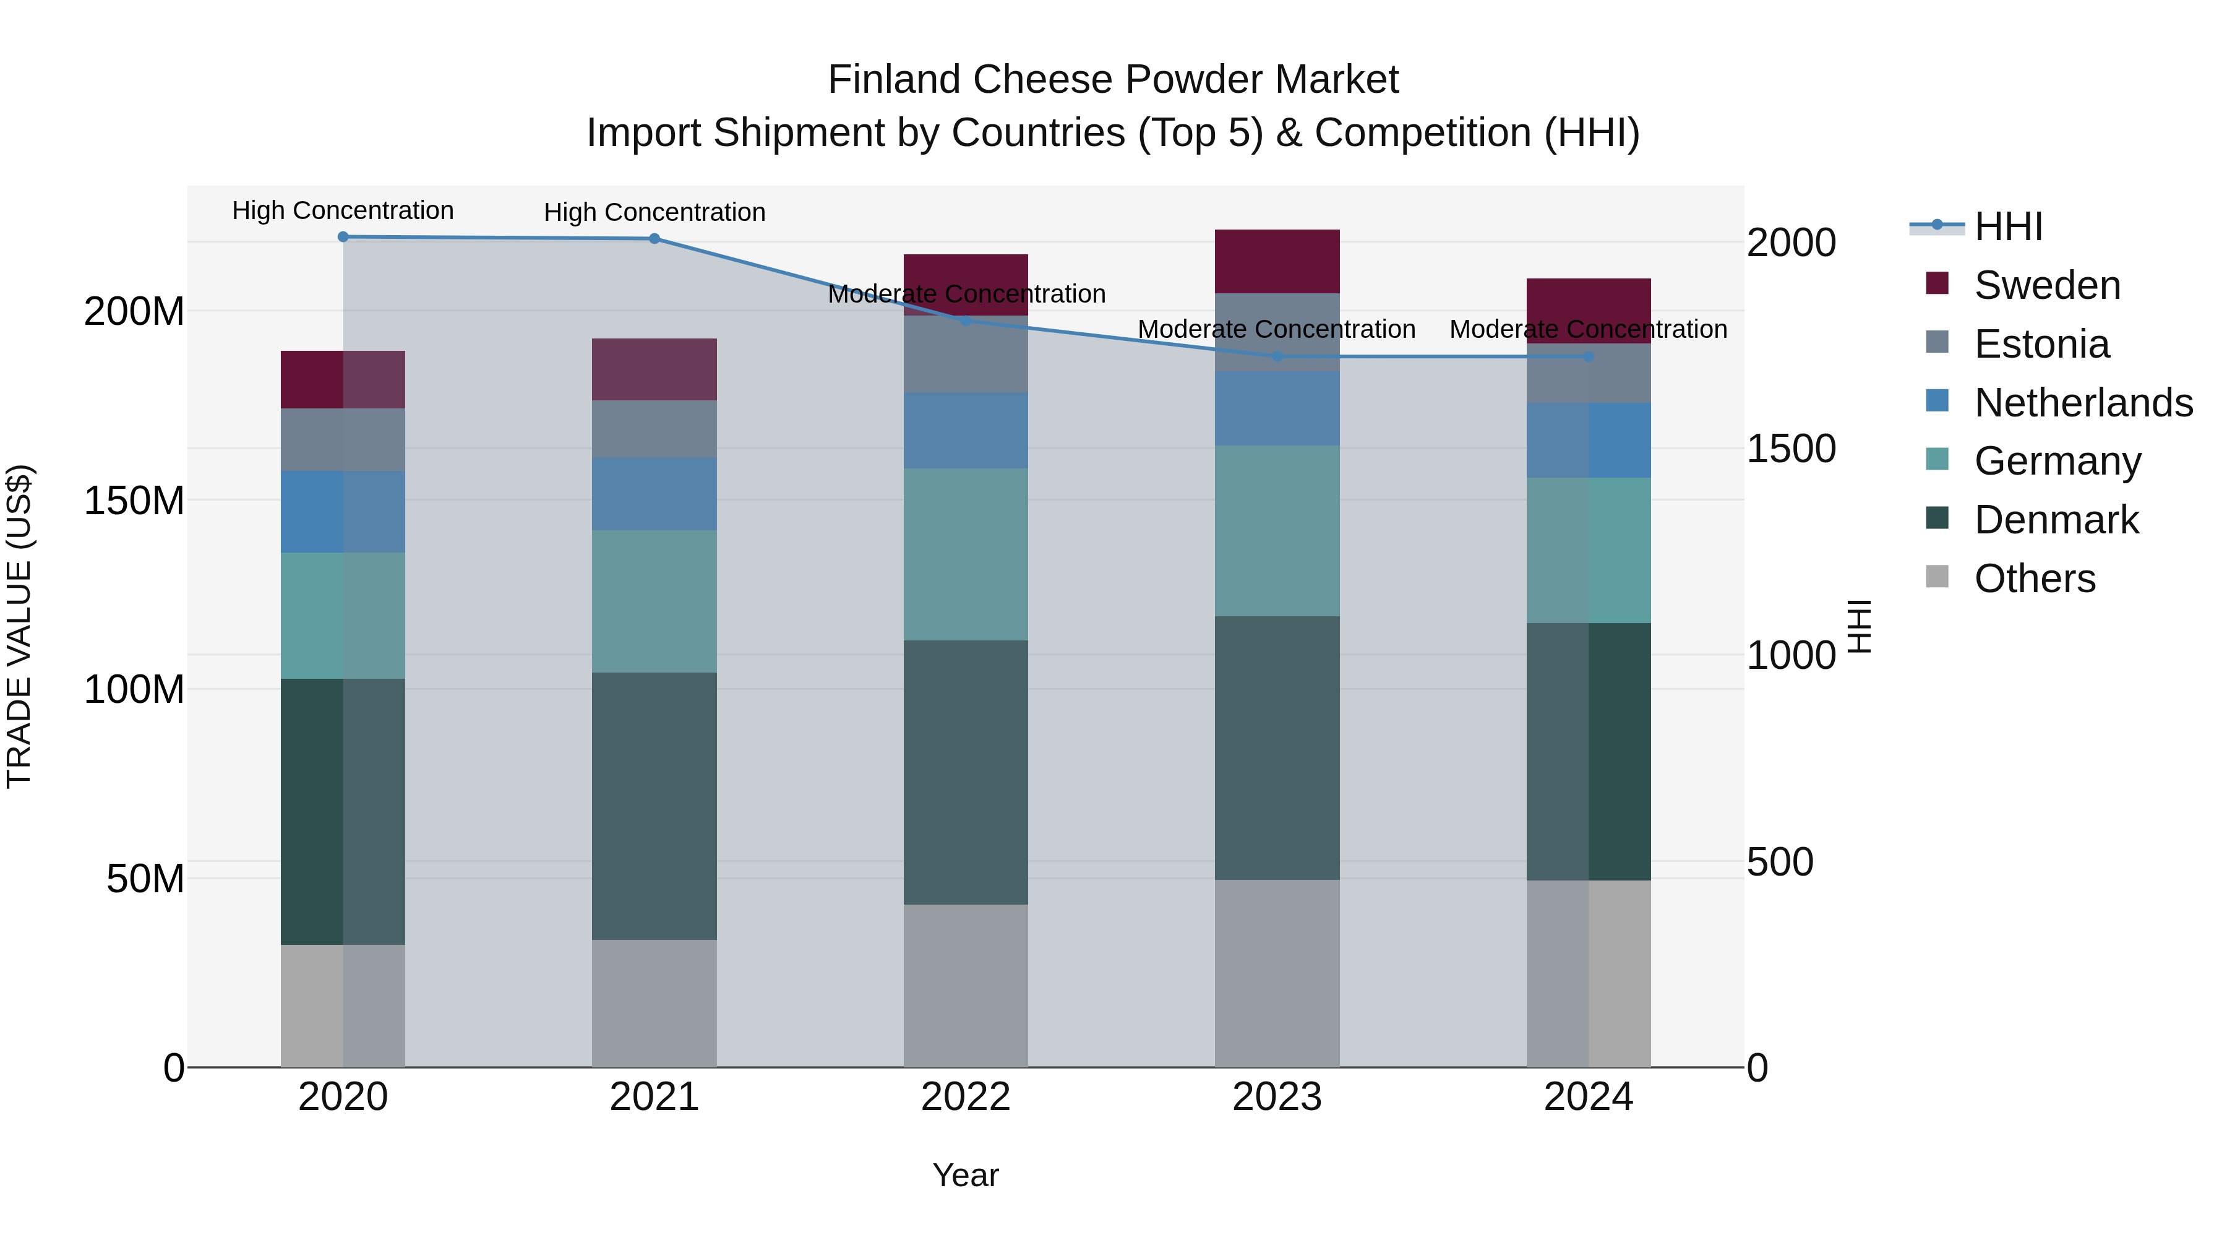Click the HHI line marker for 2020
point(343,237)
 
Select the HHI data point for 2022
point(966,321)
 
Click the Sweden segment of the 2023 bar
point(1277,261)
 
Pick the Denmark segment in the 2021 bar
point(654,806)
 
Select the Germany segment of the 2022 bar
point(966,554)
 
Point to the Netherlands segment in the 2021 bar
point(654,494)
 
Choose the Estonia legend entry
point(2041,344)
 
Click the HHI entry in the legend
point(2008,226)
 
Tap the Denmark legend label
point(2056,520)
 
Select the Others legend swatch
point(1937,577)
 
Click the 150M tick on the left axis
point(134,501)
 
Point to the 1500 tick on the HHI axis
point(1790,449)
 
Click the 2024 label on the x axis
point(1588,1097)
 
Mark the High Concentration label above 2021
point(654,212)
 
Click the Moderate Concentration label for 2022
point(966,294)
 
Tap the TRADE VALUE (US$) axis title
point(19,626)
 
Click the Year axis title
point(966,1175)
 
